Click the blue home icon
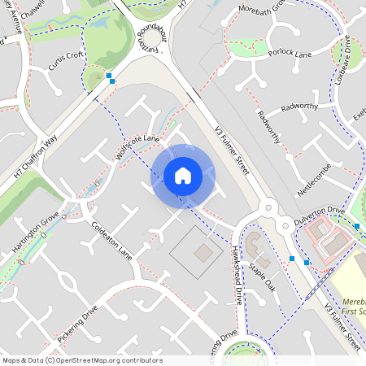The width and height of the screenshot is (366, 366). (183, 175)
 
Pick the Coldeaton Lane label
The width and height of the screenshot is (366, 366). (111, 239)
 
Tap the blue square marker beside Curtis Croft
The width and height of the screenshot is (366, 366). (110, 76)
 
